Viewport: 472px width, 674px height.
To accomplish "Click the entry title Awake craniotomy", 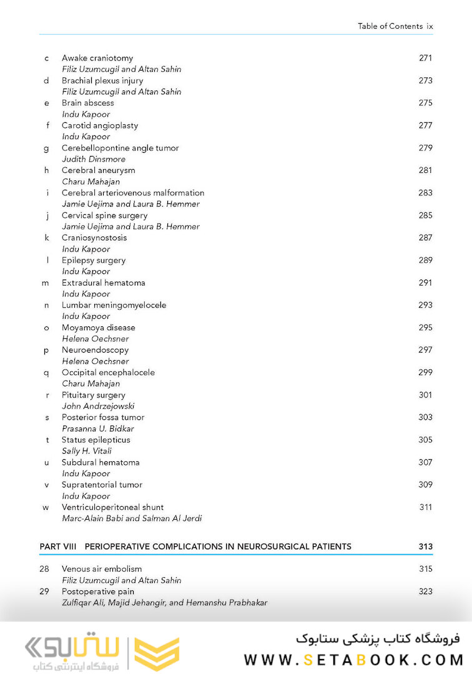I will (x=97, y=58).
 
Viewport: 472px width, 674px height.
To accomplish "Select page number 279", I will (x=425, y=148).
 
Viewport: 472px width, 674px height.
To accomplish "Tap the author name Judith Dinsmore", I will (x=93, y=159).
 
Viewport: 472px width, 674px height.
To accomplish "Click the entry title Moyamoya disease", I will (x=98, y=328).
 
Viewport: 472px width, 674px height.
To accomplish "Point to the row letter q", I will (x=46, y=373).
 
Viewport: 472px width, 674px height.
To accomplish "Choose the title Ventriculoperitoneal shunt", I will (x=112, y=507).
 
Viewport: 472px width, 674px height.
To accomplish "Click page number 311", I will (x=425, y=507).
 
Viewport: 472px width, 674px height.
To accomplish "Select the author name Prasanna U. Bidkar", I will (x=97, y=429).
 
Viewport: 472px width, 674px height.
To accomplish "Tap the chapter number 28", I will (x=44, y=569).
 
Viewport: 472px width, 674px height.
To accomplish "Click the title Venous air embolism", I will (x=101, y=569).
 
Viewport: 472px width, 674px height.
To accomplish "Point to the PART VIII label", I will (x=57, y=547).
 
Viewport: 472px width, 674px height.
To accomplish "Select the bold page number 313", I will (x=425, y=547).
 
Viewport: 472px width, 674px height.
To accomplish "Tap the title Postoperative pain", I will (x=97, y=592).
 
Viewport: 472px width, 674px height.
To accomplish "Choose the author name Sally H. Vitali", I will (x=86, y=451).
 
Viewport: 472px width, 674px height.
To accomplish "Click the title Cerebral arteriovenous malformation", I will (x=132, y=193).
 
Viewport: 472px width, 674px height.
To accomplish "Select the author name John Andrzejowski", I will (x=98, y=406).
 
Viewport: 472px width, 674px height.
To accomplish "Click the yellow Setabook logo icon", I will (x=157, y=654).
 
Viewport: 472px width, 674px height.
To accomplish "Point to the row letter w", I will (x=46, y=508).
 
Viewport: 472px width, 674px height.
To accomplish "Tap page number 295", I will (x=425, y=328).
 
